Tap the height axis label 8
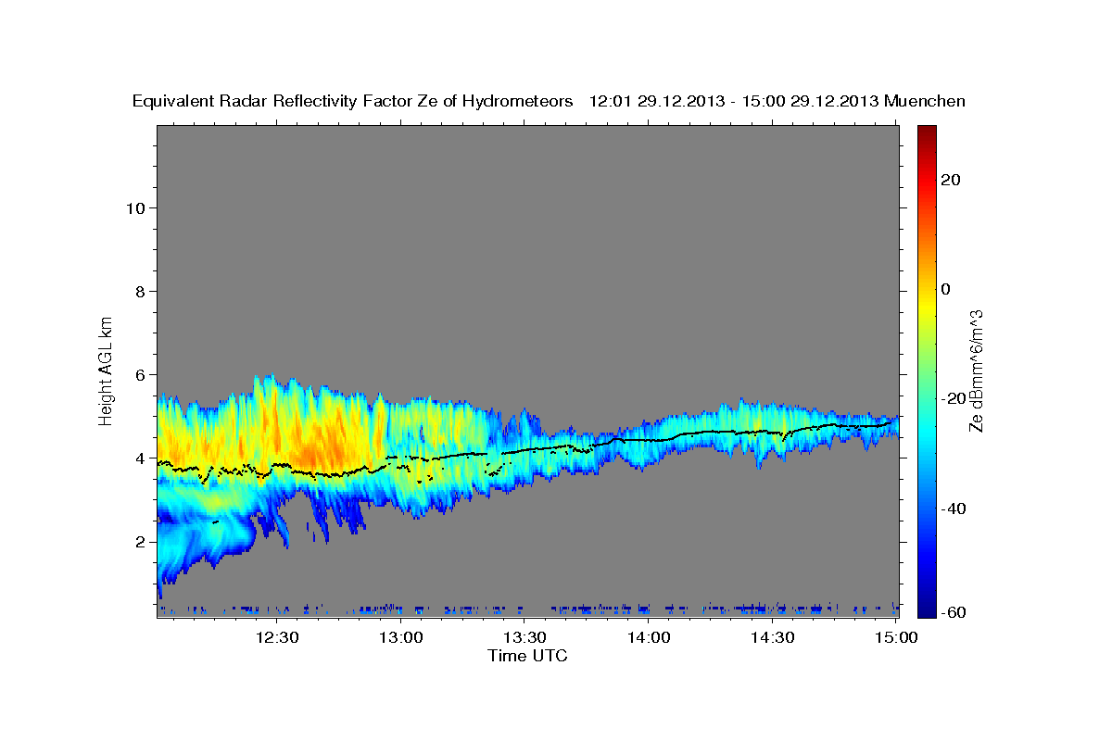[x=142, y=291]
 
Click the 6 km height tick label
[x=142, y=374]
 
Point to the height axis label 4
[x=142, y=458]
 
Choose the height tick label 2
[x=142, y=541]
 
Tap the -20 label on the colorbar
[x=955, y=398]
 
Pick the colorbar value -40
[x=955, y=509]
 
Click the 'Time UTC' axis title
[x=527, y=656]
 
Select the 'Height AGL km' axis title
[x=107, y=370]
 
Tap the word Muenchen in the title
[x=925, y=101]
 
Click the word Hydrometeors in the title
[x=511, y=101]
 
